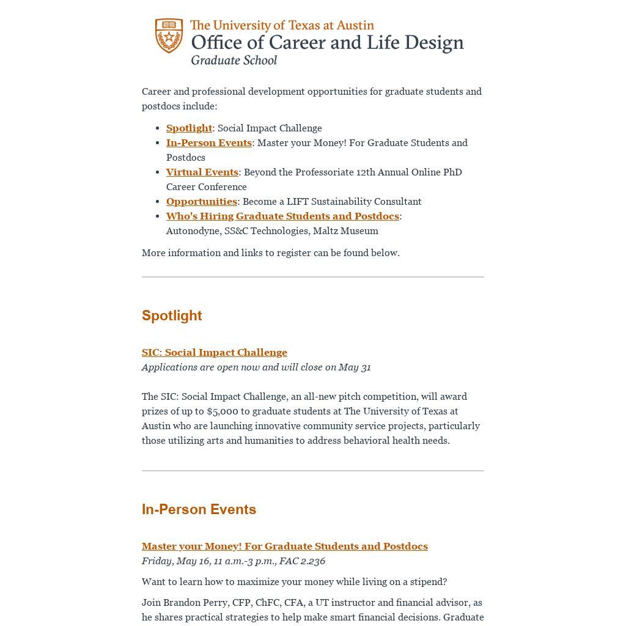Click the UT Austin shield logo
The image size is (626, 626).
[169, 35]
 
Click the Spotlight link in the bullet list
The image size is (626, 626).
[189, 128]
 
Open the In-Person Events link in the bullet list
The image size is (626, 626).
[208, 142]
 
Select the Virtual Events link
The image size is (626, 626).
[202, 172]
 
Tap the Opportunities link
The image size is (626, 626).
[201, 201]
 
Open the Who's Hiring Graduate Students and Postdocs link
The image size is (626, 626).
[282, 216]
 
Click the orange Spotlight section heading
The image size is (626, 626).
[172, 315]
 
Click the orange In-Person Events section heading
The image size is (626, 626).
[199, 509]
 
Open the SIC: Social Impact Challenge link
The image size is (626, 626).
[214, 352]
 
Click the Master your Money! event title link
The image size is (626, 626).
[284, 546]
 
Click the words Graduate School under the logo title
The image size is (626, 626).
[234, 60]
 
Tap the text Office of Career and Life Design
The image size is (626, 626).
[327, 43]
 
